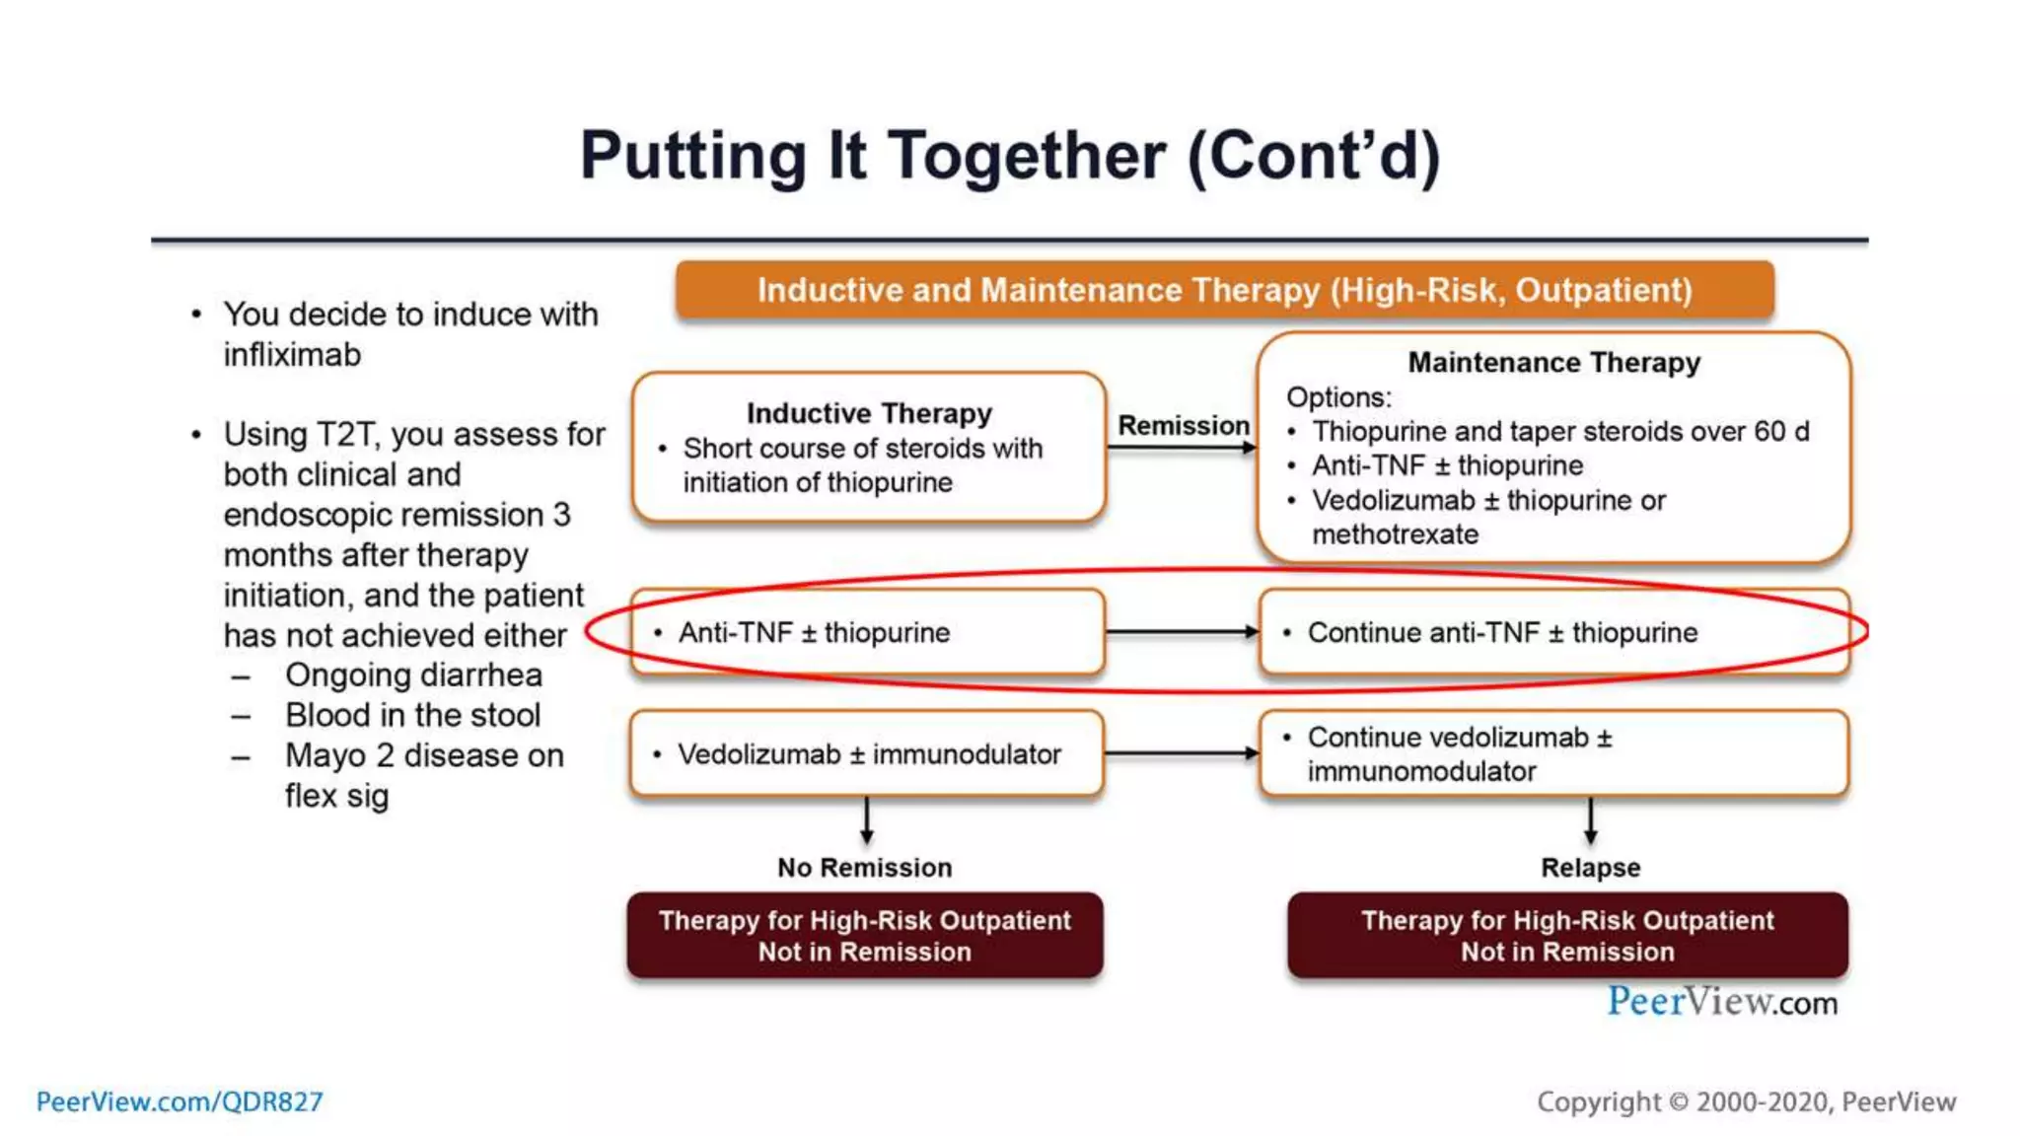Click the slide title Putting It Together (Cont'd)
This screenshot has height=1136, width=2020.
coord(1010,156)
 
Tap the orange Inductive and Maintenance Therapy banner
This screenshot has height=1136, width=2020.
coord(1224,290)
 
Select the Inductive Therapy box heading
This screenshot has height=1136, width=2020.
coord(869,413)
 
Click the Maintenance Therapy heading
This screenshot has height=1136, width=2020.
coord(1553,363)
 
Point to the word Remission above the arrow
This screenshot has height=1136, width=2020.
coord(1183,426)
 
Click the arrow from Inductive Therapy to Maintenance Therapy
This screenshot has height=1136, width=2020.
coord(1181,448)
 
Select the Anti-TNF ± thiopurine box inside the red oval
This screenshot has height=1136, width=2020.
coord(867,632)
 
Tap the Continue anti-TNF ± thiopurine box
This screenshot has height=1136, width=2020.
coord(1552,632)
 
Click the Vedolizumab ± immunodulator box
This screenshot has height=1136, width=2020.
coord(867,754)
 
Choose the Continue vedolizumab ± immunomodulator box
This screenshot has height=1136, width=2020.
coord(1552,754)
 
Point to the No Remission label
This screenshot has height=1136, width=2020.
coord(864,868)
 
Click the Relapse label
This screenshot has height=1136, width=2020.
coord(1590,868)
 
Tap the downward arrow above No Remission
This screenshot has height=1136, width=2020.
coord(866,820)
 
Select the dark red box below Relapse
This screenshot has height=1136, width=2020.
coord(1567,936)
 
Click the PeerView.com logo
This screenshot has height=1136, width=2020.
coord(1721,1002)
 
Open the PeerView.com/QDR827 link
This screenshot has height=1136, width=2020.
coord(180,1101)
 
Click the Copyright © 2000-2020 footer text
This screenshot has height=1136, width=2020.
coord(1746,1101)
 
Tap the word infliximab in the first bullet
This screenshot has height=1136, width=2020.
coord(292,355)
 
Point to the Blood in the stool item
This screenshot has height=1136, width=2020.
coord(412,715)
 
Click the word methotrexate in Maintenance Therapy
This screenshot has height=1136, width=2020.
coord(1395,534)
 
